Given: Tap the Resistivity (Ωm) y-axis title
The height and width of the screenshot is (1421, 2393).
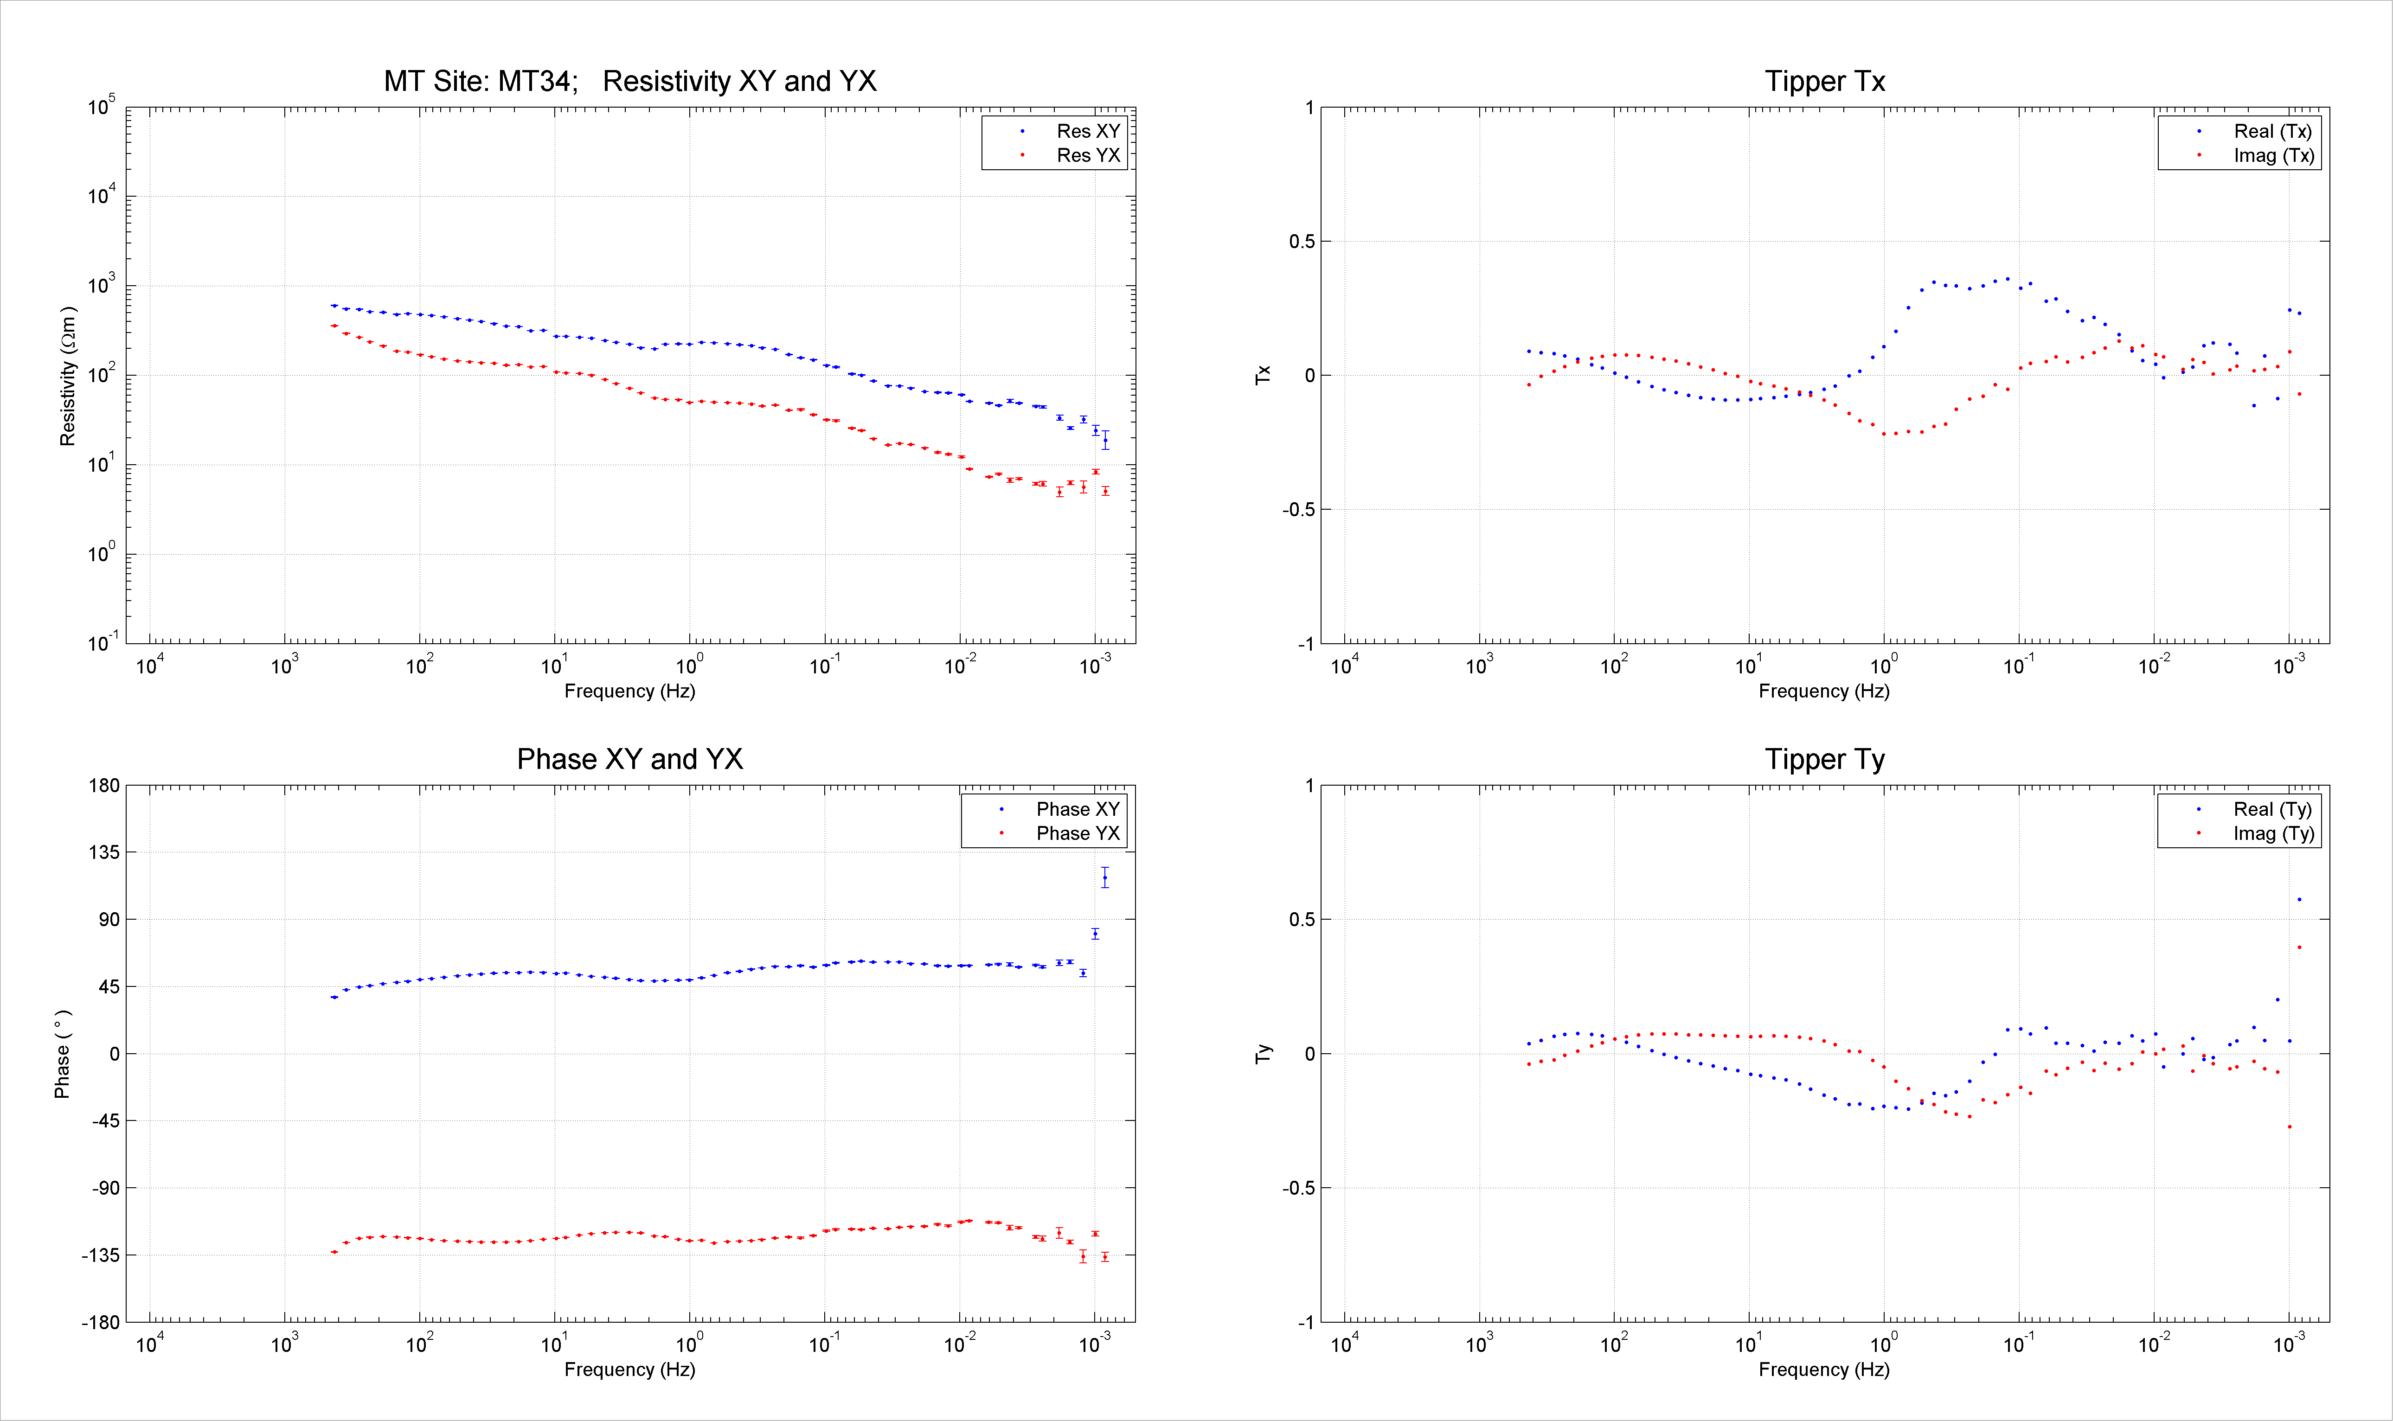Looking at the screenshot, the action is pyautogui.click(x=67, y=376).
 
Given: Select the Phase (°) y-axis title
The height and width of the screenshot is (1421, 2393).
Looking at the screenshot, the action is pyautogui.click(x=62, y=1053).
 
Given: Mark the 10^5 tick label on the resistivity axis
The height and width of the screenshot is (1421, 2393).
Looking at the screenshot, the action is pyautogui.click(x=102, y=105).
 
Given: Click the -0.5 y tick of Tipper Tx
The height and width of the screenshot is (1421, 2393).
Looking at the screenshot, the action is pyautogui.click(x=1298, y=509).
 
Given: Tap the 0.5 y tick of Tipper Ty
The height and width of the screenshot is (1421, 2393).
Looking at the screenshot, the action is pyautogui.click(x=1302, y=919).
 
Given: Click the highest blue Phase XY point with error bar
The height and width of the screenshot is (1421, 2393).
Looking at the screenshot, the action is pyautogui.click(x=1105, y=877).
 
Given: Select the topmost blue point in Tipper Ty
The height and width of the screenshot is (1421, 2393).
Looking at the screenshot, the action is pyautogui.click(x=2299, y=899).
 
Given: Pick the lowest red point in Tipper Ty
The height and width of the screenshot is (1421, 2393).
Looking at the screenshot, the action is pyautogui.click(x=2290, y=1127).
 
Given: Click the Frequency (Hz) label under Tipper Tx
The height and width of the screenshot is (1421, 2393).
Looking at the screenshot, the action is pyautogui.click(x=1824, y=691).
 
